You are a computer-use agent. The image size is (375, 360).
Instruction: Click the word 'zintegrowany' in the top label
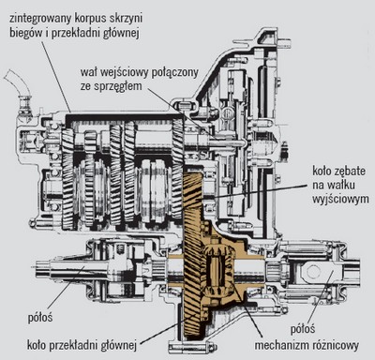[x=41, y=19]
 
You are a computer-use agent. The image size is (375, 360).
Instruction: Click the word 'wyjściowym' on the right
[x=340, y=200]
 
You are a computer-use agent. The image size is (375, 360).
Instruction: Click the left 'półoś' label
[x=40, y=318]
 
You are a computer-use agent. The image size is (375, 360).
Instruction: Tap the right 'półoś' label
[x=303, y=329]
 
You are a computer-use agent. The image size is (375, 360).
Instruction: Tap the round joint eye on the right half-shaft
[x=312, y=271]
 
